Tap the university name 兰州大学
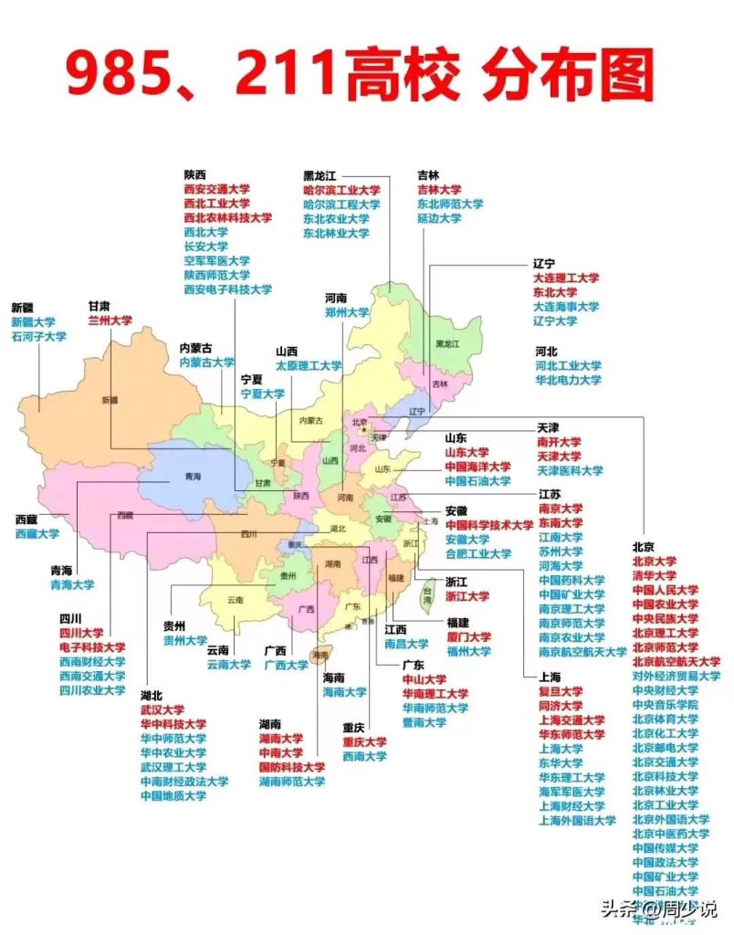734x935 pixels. [110, 321]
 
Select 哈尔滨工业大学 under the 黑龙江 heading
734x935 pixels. [341, 191]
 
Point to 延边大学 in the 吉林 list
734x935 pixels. [438, 219]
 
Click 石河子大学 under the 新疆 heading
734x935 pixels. [38, 337]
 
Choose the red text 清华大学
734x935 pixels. [654, 576]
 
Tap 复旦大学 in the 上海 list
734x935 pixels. [561, 691]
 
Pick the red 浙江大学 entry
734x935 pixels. [467, 596]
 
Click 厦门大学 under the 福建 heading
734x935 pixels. [468, 636]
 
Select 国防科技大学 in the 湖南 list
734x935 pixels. [291, 768]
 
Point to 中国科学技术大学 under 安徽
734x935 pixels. [489, 525]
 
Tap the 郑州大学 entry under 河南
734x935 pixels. [347, 312]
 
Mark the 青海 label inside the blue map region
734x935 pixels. [192, 477]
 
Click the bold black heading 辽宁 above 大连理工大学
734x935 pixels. [544, 263]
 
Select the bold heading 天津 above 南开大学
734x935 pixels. [548, 427]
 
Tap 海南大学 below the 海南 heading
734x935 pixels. [344, 693]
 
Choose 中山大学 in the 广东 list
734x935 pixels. [425, 679]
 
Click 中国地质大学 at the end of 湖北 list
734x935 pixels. [173, 796]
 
